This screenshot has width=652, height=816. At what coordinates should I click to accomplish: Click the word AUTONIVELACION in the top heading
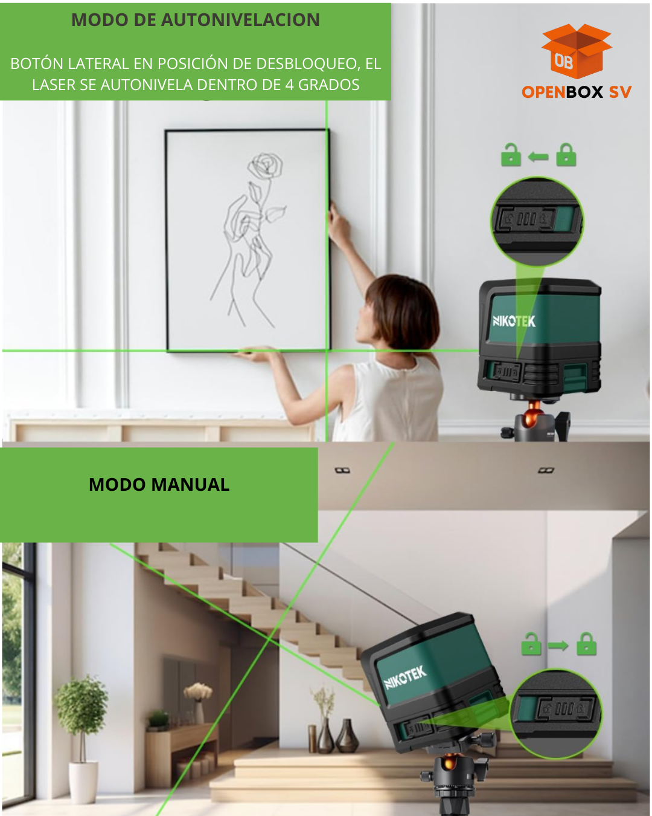(240, 20)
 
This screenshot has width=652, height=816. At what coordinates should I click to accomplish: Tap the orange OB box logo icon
(577, 51)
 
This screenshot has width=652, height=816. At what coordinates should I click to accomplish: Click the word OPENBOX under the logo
(562, 92)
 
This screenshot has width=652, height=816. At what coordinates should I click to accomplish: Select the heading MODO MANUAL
(159, 485)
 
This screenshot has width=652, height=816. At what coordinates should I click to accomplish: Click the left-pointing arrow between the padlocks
(538, 156)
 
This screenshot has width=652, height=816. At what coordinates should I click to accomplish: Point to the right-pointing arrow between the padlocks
(558, 645)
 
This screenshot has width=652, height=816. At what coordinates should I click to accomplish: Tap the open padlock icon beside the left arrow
(511, 155)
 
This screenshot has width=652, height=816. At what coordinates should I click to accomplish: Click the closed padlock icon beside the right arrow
(586, 644)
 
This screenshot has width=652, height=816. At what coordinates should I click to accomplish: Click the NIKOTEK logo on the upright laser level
(514, 321)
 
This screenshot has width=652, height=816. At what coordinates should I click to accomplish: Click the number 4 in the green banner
(289, 85)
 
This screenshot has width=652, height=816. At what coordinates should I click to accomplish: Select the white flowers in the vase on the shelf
(198, 691)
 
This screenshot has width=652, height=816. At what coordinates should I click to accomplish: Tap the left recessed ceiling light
(342, 471)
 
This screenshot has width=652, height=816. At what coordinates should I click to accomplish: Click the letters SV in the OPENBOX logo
(620, 92)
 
